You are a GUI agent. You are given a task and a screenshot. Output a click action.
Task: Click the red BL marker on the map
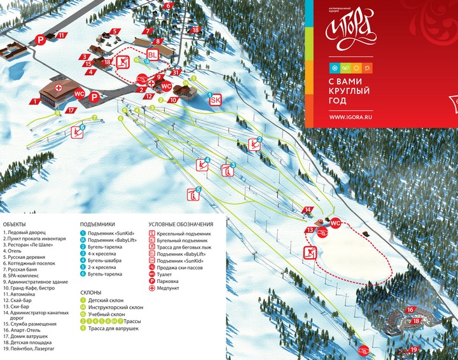pyautogui.click(x=153, y=54)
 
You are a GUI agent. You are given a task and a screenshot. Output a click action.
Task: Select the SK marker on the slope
pyautogui.click(x=215, y=99)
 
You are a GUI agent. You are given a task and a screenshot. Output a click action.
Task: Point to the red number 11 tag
pyautogui.click(x=61, y=36)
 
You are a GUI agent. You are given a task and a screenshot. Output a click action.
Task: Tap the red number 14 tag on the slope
pyautogui.click(x=308, y=209)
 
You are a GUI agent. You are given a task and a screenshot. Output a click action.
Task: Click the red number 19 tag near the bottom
pyautogui.click(x=414, y=350)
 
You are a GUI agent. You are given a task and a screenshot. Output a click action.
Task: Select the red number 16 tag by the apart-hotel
pyautogui.click(x=410, y=310)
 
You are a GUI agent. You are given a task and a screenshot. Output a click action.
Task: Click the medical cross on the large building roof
pyautogui.click(x=59, y=87)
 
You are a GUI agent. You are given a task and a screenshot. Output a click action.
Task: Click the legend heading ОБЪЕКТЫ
pyautogui.click(x=15, y=225)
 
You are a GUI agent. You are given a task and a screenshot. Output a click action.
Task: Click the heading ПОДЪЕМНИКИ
pyautogui.click(x=97, y=225)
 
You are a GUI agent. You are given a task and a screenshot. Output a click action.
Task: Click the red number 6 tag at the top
pyautogui.click(x=169, y=6)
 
